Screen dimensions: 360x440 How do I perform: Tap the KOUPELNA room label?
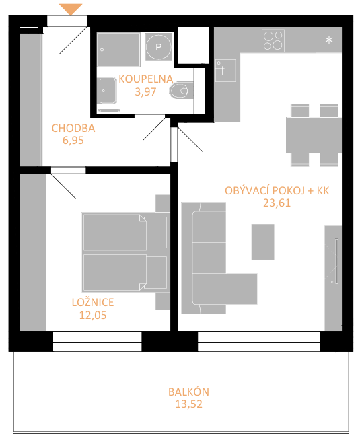[145, 79]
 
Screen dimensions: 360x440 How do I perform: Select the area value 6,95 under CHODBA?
[73, 141]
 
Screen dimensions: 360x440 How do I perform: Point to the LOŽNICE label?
[93, 302]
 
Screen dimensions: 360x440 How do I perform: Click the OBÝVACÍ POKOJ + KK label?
[277, 191]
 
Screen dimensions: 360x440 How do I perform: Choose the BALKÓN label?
[188, 392]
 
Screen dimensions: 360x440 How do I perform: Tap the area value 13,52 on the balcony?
[188, 404]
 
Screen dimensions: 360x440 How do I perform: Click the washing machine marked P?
[159, 46]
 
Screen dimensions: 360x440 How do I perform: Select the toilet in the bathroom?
[182, 90]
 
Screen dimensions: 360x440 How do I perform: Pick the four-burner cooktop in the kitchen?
[273, 40]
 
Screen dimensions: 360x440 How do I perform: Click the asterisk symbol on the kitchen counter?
[329, 40]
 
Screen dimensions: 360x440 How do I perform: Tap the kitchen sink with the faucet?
[225, 71]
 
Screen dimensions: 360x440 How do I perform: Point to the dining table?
[314, 135]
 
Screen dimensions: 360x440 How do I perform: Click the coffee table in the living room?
[263, 242]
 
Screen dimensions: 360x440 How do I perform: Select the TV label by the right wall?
[332, 280]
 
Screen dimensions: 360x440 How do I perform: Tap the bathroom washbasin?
[106, 91]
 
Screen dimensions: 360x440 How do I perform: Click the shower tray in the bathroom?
[118, 50]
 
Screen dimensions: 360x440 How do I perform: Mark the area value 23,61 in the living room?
[277, 203]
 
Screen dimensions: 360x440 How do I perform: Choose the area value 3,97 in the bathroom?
[145, 91]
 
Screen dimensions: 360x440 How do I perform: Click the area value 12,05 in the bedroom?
[93, 315]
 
